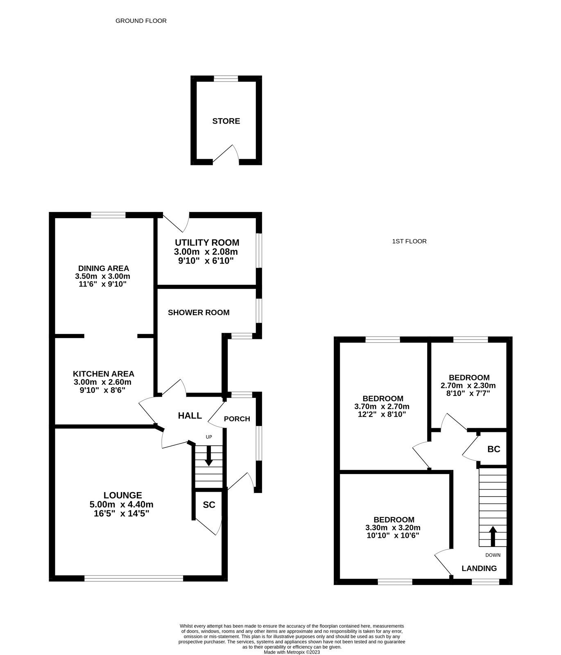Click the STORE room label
point(226,121)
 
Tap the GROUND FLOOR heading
point(141,21)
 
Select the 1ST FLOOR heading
point(409,242)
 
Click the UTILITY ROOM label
point(207,243)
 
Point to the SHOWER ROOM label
point(199,313)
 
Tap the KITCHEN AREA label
point(103,374)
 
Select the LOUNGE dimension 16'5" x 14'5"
point(121,513)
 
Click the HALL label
point(190,416)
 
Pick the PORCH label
point(237,419)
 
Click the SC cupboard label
point(209,505)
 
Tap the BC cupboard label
point(493,449)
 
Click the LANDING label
point(479,568)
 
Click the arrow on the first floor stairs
point(493,536)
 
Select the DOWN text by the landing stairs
point(493,555)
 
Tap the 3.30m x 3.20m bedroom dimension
point(393,528)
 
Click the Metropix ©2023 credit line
point(292,652)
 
